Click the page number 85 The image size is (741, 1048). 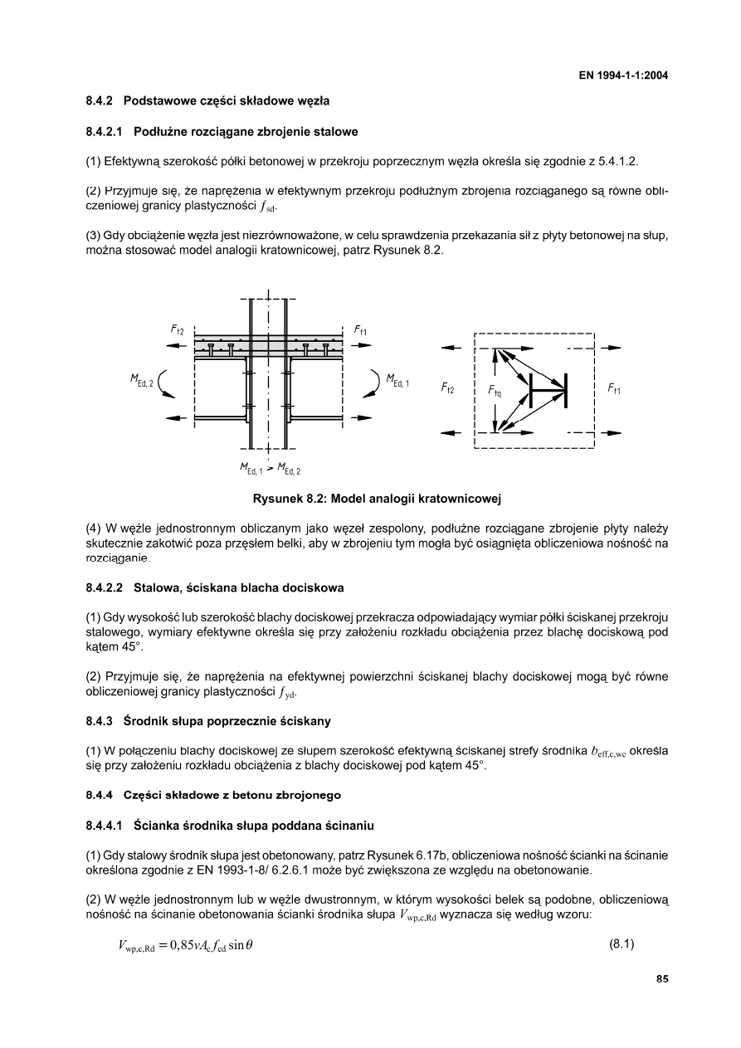662,979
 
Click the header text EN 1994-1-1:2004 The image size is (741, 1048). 623,76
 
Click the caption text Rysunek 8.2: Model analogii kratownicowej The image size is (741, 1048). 378,499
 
